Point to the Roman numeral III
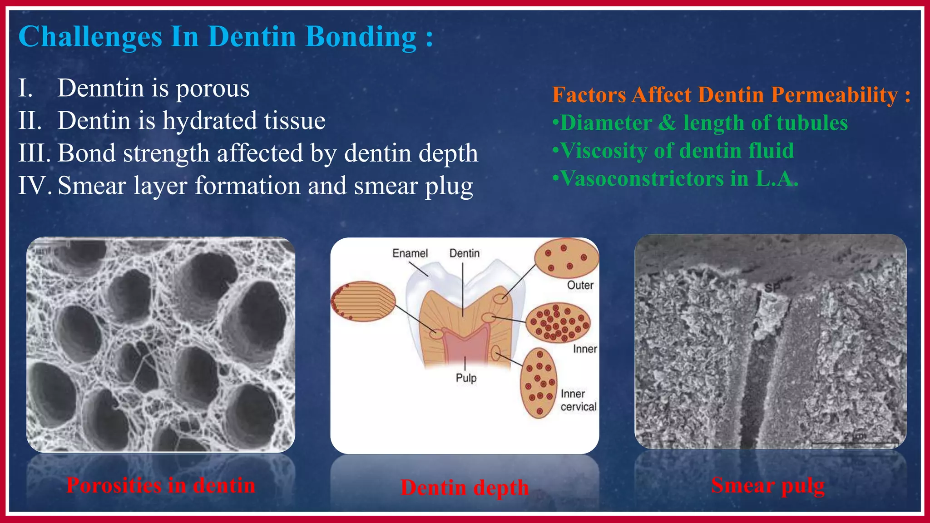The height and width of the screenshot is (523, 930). pyautogui.click(x=34, y=153)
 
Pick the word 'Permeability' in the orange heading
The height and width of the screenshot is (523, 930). pyautogui.click(x=835, y=95)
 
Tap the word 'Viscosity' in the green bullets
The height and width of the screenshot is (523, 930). pyautogui.click(x=604, y=151)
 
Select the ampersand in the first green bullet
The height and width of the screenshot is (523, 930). pyautogui.click(x=667, y=123)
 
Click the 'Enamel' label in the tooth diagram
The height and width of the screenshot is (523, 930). pyautogui.click(x=410, y=253)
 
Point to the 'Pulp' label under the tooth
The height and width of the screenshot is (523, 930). pyautogui.click(x=466, y=378)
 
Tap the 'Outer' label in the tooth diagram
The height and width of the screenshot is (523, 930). pyautogui.click(x=580, y=285)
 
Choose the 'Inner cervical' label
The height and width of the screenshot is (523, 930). pyautogui.click(x=578, y=400)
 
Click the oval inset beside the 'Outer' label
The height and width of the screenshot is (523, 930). pyautogui.click(x=566, y=258)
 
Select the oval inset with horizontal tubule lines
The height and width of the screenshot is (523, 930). pyautogui.click(x=363, y=301)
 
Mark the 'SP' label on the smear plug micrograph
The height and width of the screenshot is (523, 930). pyautogui.click(x=772, y=287)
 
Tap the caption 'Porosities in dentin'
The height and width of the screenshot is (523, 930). pyautogui.click(x=161, y=485)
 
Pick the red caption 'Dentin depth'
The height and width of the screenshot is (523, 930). pyautogui.click(x=465, y=488)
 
